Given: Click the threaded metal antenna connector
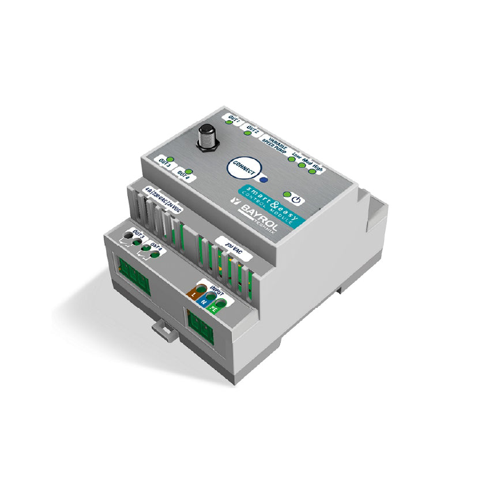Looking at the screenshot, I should (x=206, y=136).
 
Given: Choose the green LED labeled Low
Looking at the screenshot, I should (x=291, y=159).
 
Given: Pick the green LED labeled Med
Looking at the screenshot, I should (x=302, y=164).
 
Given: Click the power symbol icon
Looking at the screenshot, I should (x=296, y=201).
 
